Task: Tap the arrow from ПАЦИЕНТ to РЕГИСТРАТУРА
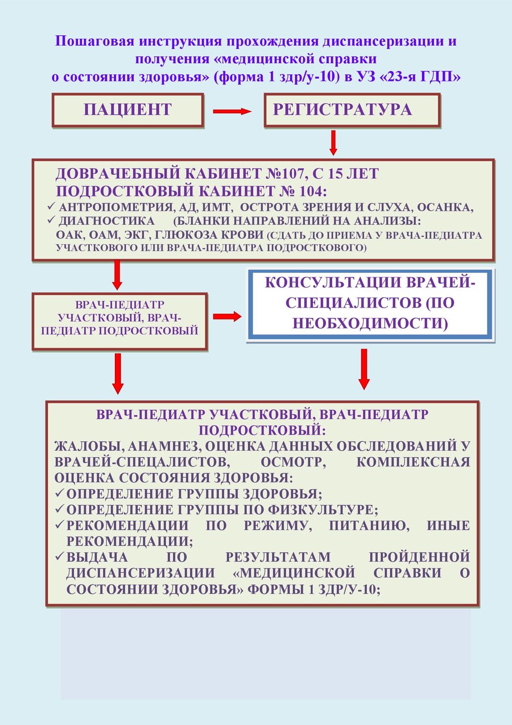tap(232, 111)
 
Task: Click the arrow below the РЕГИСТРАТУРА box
tap(333, 143)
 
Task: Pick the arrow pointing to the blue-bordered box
tap(227, 317)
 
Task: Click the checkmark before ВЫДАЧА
tap(60, 556)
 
